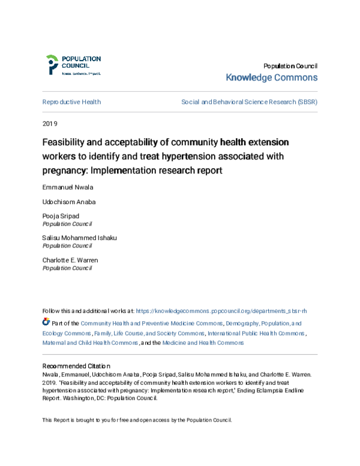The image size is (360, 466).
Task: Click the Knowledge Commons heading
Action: (x=271, y=77)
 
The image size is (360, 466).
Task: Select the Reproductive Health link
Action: (x=71, y=102)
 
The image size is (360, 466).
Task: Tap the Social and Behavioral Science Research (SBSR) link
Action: (x=249, y=102)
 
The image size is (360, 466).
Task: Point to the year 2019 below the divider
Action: (x=50, y=124)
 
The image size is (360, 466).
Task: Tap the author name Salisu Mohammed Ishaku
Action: (x=79, y=237)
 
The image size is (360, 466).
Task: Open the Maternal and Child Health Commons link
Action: (x=90, y=343)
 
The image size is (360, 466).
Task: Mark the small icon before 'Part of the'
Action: (x=46, y=322)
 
